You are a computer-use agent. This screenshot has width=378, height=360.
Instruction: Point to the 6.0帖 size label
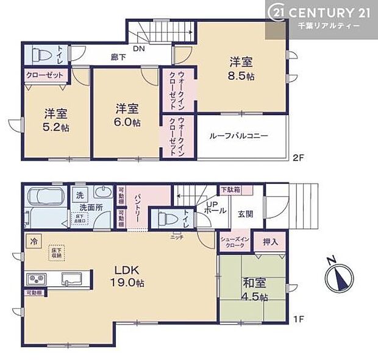coord(128,122)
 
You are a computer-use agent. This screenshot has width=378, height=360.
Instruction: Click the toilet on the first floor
coord(165,217)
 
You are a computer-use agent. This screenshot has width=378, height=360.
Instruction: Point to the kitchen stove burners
coord(35,279)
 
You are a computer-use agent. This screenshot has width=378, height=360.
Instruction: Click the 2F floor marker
coord(297,156)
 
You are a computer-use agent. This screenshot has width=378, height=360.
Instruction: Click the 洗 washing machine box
coord(80,195)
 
